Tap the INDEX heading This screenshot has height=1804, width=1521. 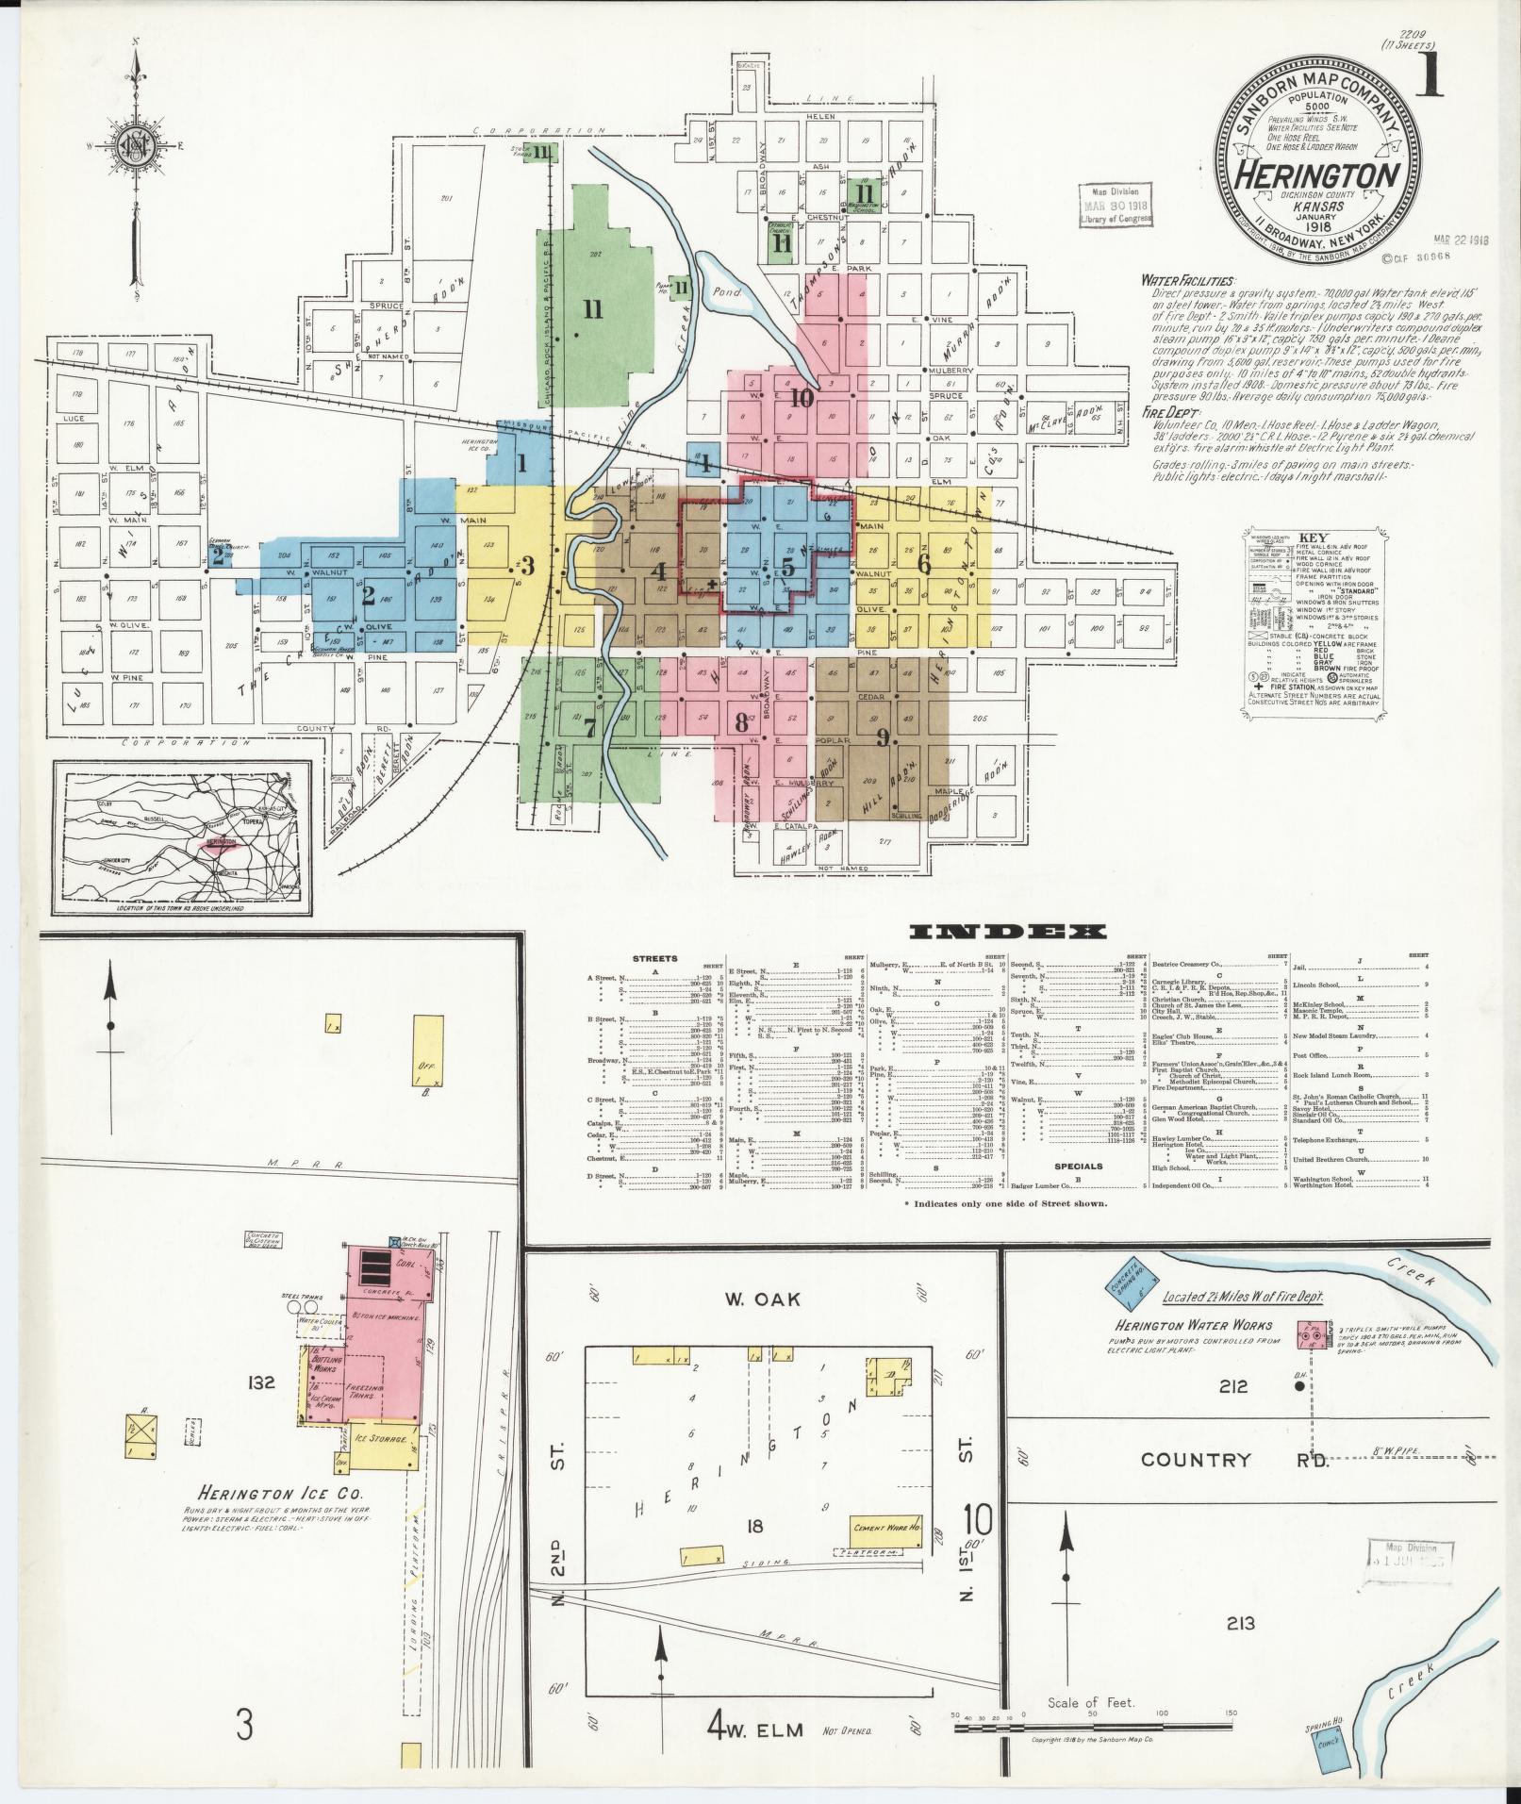(x=1008, y=932)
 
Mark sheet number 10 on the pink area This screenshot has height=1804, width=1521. (x=802, y=397)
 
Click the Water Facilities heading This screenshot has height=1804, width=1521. (x=1186, y=280)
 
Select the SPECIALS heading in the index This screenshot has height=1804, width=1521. (x=1078, y=1166)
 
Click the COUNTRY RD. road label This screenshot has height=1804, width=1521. (x=1233, y=1486)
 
